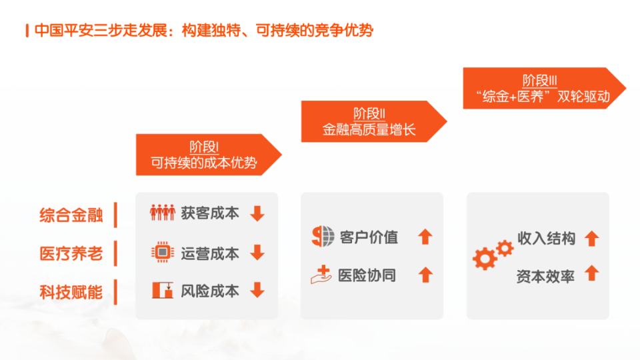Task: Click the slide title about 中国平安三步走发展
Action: tap(204, 30)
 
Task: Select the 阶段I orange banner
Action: tap(208, 155)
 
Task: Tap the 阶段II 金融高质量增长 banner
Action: tap(373, 121)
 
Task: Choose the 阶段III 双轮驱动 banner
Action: tap(544, 88)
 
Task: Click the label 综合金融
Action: tap(71, 215)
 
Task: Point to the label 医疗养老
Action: tap(71, 253)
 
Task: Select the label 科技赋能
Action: tap(71, 292)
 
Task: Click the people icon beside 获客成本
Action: tap(163, 212)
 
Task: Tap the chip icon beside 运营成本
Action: tap(163, 252)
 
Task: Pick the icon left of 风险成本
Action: tap(163, 290)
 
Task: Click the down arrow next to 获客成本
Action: tap(257, 213)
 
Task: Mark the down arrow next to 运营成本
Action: tap(257, 252)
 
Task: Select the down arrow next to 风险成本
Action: tap(257, 290)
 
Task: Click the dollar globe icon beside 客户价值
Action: tap(323, 236)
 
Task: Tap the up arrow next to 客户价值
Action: tap(425, 236)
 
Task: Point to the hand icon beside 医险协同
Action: tap(321, 274)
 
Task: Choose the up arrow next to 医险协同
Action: tap(425, 274)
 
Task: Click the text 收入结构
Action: tap(546, 238)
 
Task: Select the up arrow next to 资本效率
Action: tap(591, 273)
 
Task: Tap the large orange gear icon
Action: tap(485, 258)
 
